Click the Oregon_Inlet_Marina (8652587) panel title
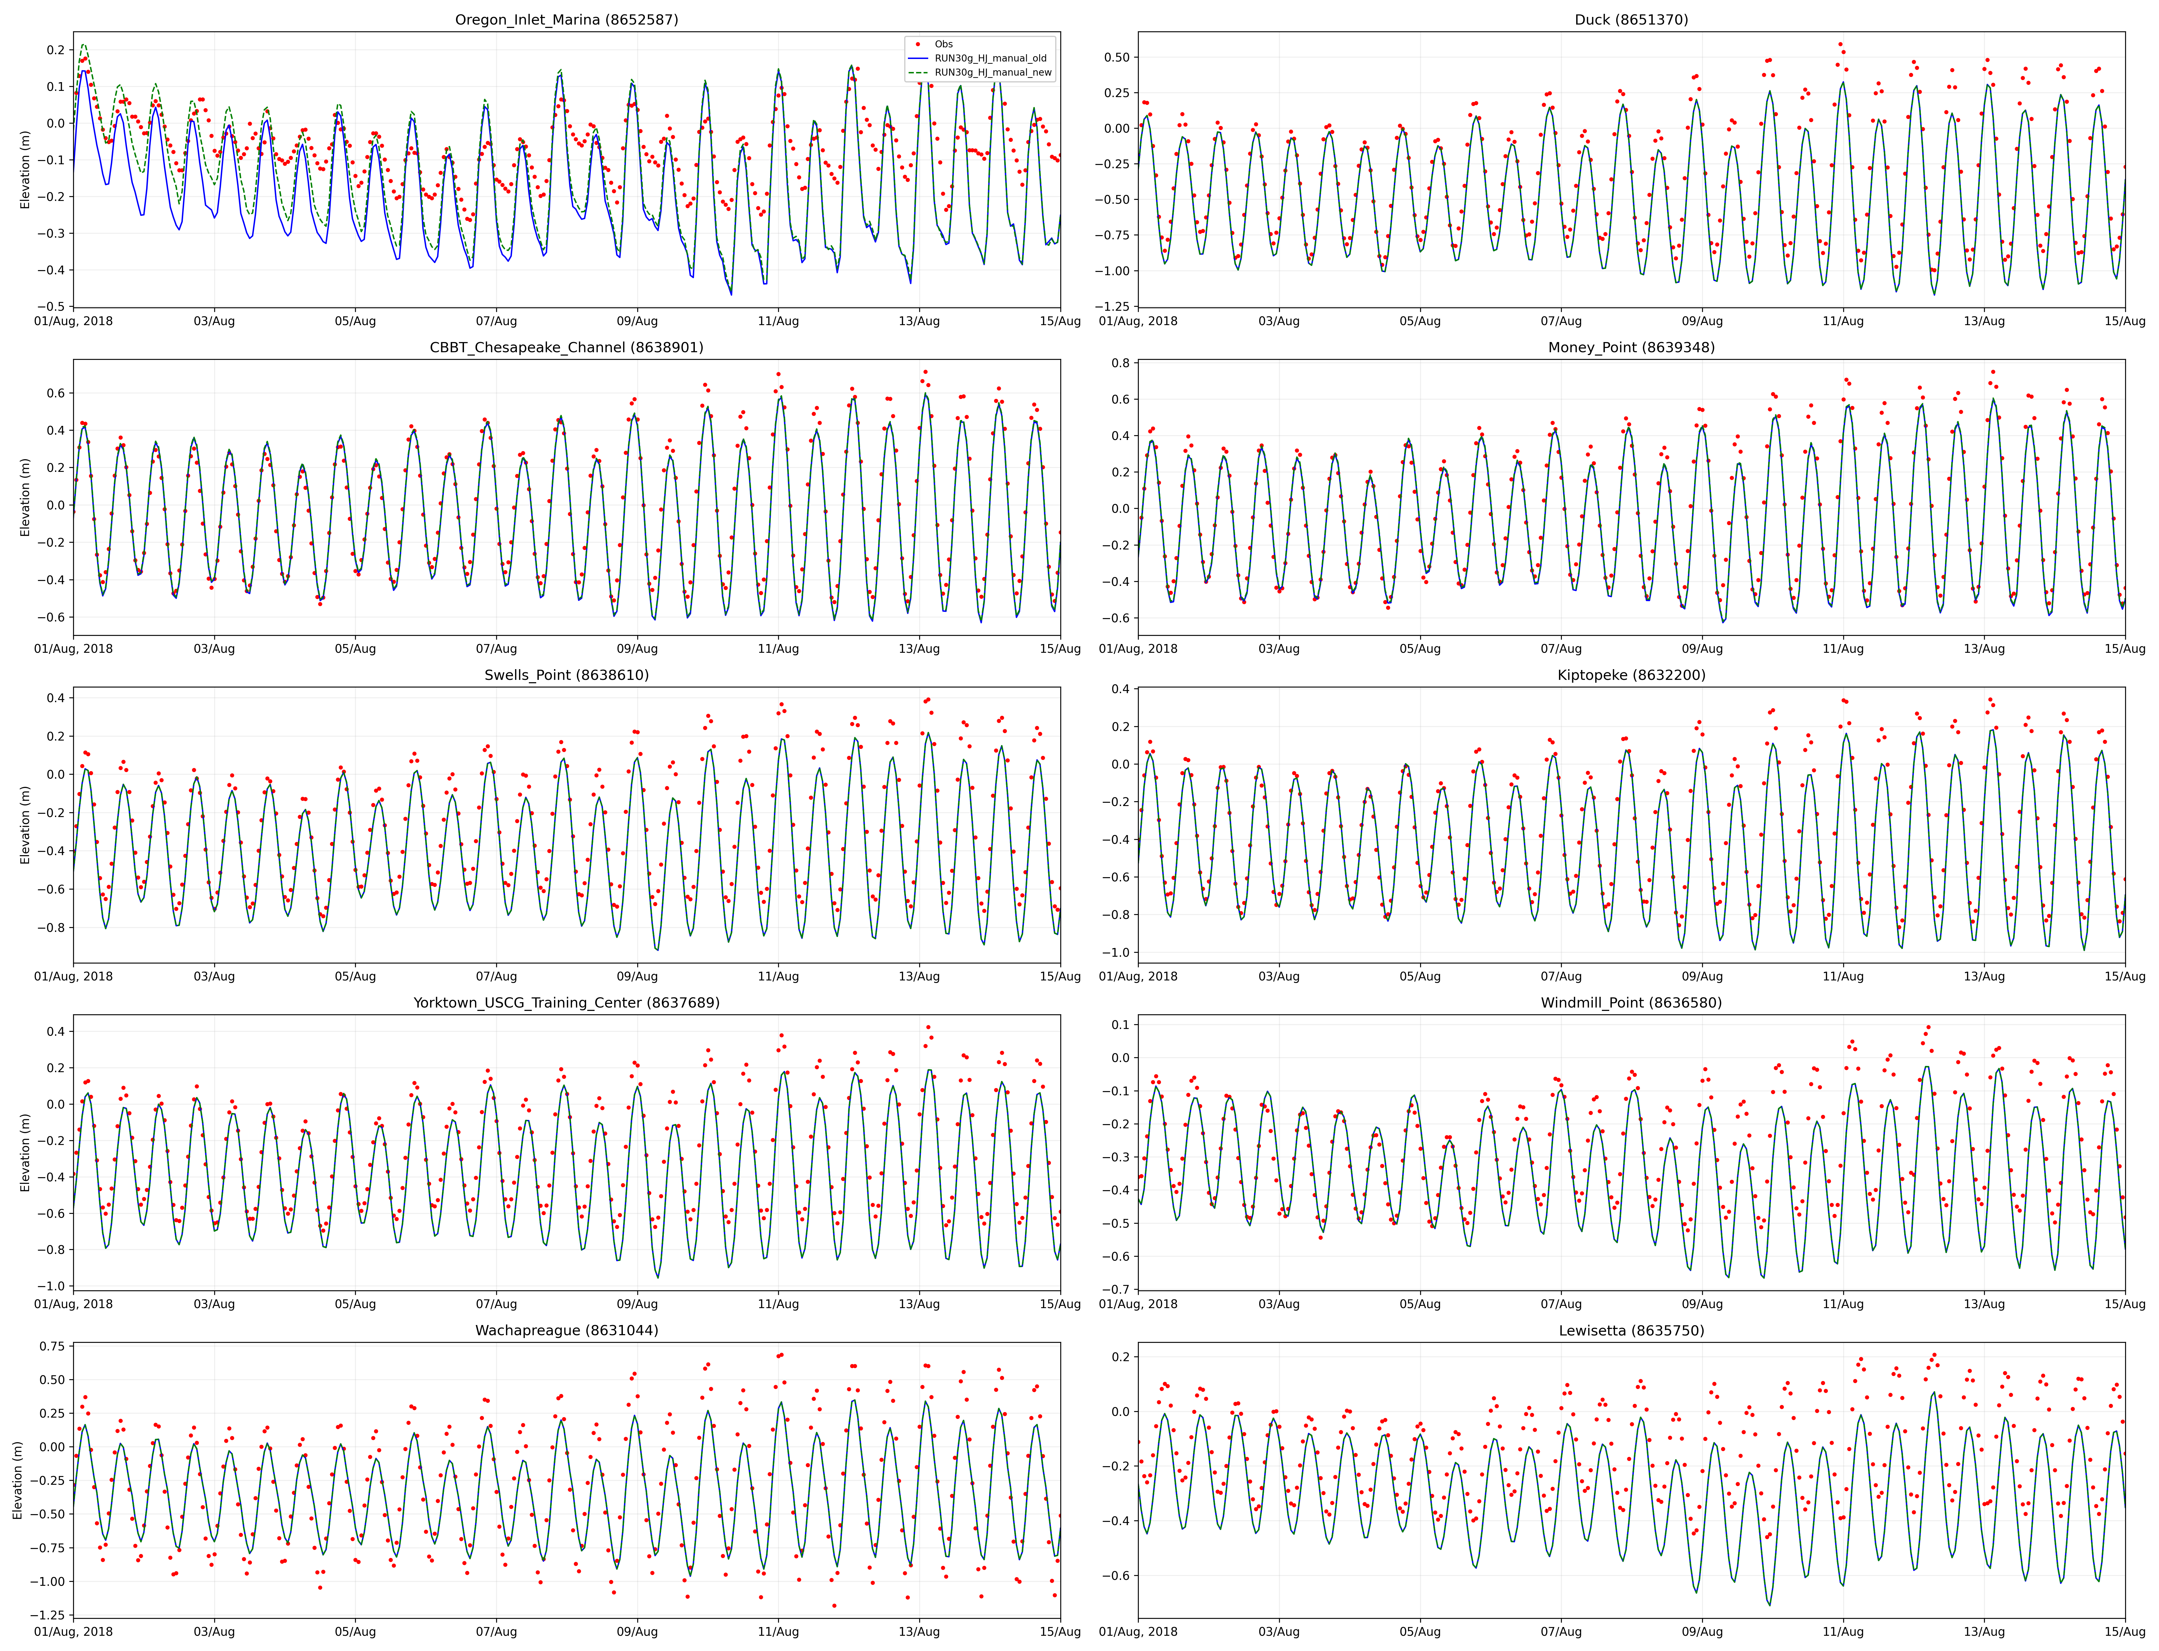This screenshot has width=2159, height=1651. click(x=566, y=20)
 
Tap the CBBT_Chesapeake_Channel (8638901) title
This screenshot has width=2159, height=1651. click(x=566, y=347)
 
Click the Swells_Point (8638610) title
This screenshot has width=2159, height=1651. click(x=566, y=675)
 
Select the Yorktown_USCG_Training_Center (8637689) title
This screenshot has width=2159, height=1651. click(x=566, y=1002)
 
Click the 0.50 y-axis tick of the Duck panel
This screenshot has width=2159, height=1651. click(x=1115, y=57)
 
